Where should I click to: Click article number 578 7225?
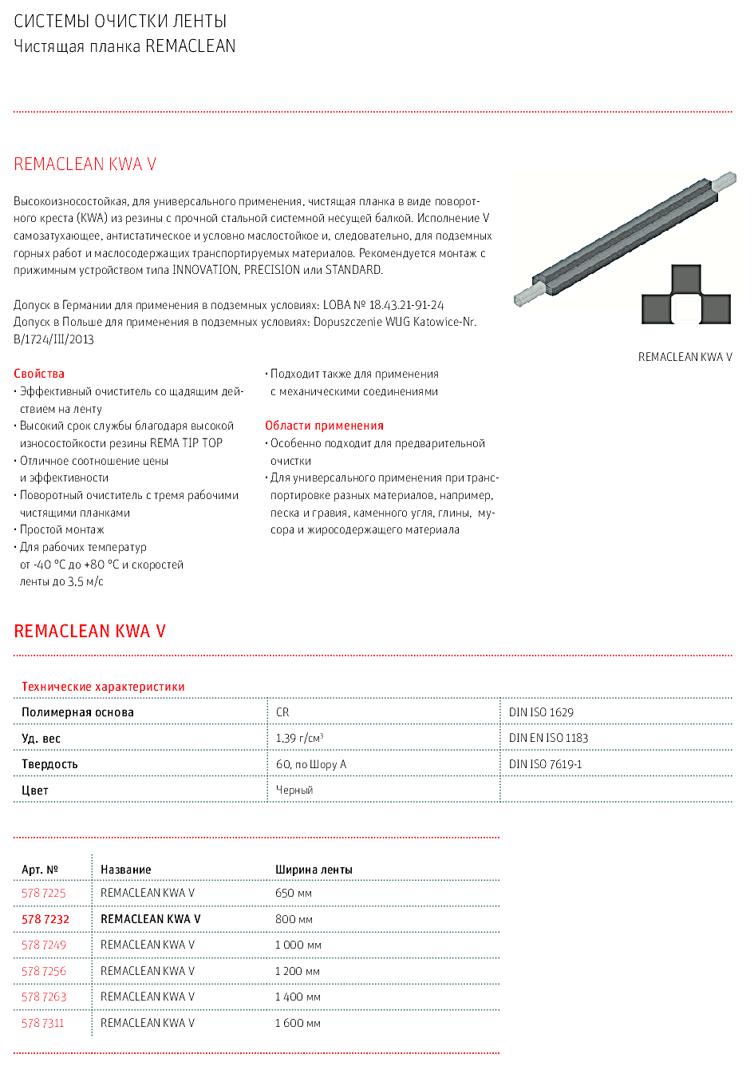tap(44, 893)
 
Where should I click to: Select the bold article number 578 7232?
tap(45, 919)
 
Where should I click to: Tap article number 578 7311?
tap(43, 1023)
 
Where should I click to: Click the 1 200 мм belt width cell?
tap(298, 971)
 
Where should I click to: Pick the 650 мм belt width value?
tap(294, 893)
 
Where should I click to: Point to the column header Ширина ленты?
tap(314, 870)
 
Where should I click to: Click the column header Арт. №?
tap(40, 870)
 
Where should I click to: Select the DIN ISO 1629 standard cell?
tap(541, 712)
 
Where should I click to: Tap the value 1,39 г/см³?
tap(299, 738)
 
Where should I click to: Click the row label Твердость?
tap(49, 764)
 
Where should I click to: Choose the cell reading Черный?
tap(294, 790)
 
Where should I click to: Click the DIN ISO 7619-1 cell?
tap(546, 764)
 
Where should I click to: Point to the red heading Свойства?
tap(39, 374)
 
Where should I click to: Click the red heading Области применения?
tap(324, 426)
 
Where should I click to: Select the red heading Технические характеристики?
tap(103, 687)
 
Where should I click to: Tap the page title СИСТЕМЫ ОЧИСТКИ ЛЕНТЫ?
tap(120, 22)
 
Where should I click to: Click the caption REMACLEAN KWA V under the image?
tap(685, 357)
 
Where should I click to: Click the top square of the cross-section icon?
tap(686, 279)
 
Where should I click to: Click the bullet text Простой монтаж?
tap(62, 529)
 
